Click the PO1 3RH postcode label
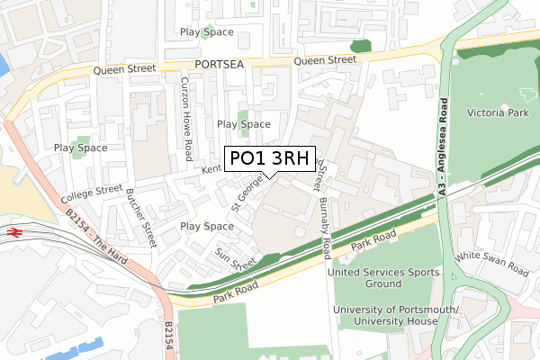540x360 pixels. click(269, 159)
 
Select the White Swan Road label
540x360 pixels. click(492, 264)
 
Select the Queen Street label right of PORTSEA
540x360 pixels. click(325, 60)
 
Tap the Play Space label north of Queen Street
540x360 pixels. click(206, 32)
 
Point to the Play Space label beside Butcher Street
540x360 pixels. click(207, 226)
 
